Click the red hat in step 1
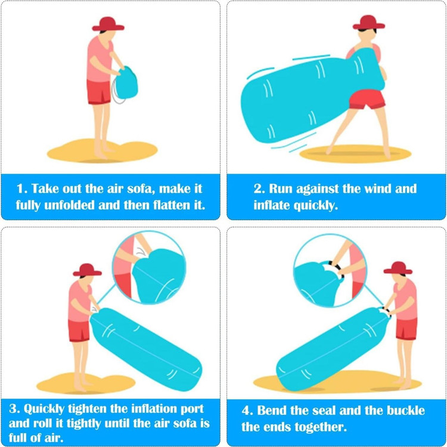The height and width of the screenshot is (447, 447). tap(108, 24)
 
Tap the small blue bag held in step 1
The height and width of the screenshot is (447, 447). tap(126, 83)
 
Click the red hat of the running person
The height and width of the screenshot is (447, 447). tap(368, 23)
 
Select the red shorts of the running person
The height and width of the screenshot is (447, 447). tap(367, 99)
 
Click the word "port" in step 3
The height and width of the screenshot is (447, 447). tap(192, 409)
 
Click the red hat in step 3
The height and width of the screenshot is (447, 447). tap(87, 270)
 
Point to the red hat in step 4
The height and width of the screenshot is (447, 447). tap(398, 268)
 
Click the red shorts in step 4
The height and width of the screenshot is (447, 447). tap(406, 329)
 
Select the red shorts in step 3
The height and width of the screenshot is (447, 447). tap(79, 331)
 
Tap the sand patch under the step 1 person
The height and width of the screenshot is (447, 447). tap(102, 151)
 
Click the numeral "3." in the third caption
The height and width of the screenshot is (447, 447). tap(14, 409)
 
